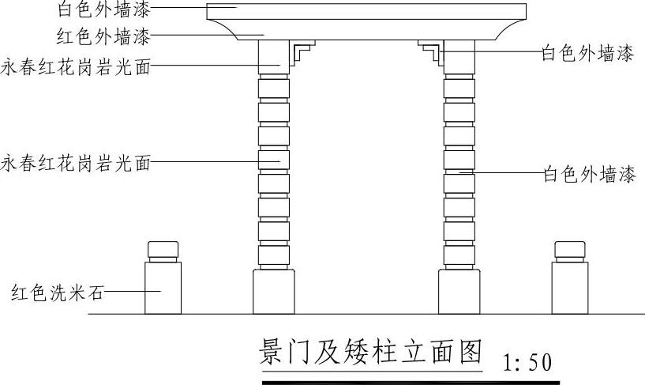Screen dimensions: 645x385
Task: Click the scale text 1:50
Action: pyautogui.click(x=527, y=362)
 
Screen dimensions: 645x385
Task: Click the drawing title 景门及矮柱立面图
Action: pyautogui.click(x=369, y=352)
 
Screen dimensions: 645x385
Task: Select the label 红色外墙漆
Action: pyautogui.click(x=103, y=36)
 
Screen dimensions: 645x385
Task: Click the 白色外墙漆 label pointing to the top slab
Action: pyautogui.click(x=103, y=10)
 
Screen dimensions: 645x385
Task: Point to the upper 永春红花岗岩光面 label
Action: pyautogui.click(x=76, y=66)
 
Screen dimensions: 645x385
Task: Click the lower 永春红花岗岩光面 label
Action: pyautogui.click(x=76, y=164)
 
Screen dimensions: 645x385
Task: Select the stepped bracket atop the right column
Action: pyautogui.click(x=431, y=53)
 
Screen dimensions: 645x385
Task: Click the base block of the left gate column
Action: pyautogui.click(x=273, y=293)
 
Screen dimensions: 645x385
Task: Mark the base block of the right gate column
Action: pyautogui.click(x=459, y=293)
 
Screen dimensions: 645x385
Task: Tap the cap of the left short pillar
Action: pyautogui.click(x=163, y=251)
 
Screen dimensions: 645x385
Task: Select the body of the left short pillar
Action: pyautogui.click(x=163, y=288)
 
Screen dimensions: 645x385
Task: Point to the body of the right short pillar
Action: pyautogui.click(x=569, y=288)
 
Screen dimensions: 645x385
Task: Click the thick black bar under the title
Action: pyautogui.click(x=411, y=382)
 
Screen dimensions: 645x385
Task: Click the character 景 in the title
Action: pyautogui.click(x=272, y=352)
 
